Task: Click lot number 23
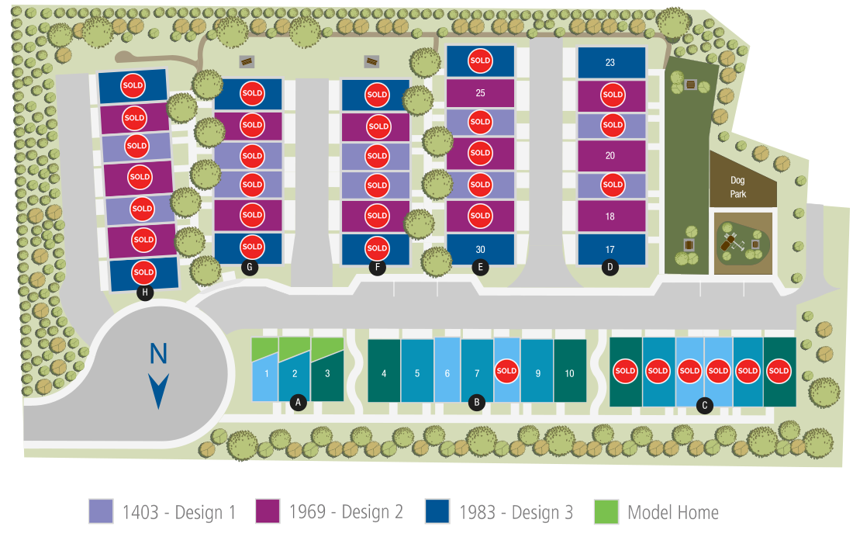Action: [x=610, y=63]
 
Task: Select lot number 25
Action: [x=480, y=93]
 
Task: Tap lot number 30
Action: [x=480, y=249]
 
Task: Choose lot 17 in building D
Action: [x=610, y=249]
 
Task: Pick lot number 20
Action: [x=610, y=155]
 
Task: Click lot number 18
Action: [x=610, y=216]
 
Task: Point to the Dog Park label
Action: [x=738, y=187]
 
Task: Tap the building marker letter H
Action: [x=143, y=293]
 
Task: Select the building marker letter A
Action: [x=296, y=402]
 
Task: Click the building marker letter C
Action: [x=704, y=404]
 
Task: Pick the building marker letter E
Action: [x=480, y=268]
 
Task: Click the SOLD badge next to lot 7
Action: [x=506, y=371]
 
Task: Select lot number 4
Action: [x=384, y=373]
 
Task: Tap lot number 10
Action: [x=569, y=373]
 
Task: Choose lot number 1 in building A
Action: [x=266, y=373]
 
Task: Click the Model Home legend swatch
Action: [x=606, y=511]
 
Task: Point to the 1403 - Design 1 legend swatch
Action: [x=101, y=511]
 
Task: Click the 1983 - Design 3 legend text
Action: [x=516, y=512]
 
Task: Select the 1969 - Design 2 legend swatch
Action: [x=268, y=511]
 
